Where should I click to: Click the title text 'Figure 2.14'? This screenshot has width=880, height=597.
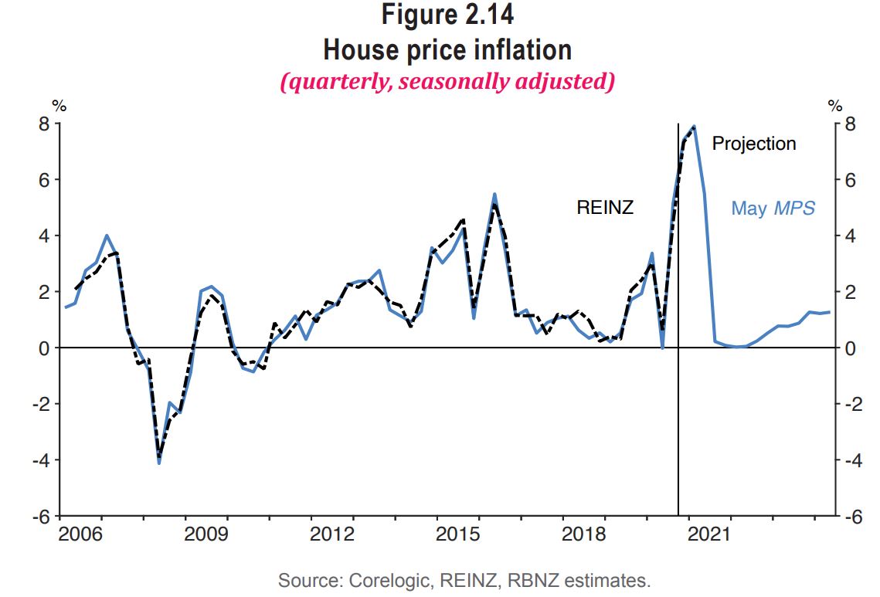tap(447, 15)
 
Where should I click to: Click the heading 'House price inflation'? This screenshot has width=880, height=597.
tap(447, 49)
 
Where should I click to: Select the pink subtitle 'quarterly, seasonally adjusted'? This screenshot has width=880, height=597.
tap(447, 81)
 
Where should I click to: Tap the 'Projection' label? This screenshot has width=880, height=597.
tap(753, 144)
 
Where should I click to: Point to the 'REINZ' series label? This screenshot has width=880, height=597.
tap(605, 207)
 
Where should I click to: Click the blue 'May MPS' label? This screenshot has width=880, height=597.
tap(773, 208)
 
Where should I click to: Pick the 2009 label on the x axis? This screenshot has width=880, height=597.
tap(207, 534)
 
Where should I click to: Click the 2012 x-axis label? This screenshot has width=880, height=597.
tap(333, 534)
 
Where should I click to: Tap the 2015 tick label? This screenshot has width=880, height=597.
tap(459, 534)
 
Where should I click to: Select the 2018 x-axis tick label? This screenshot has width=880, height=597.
tap(584, 534)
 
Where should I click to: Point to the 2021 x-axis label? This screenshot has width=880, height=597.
tap(709, 534)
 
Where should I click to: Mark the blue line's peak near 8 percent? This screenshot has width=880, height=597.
tap(695, 126)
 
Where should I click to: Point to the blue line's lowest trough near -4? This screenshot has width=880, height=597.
tap(159, 463)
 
